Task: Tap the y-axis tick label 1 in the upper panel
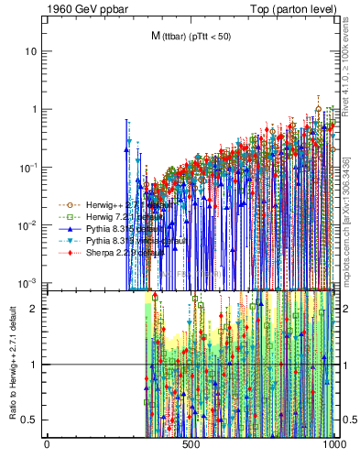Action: pyautogui.click(x=35, y=109)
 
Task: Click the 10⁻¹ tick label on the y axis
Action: pyautogui.click(x=29, y=167)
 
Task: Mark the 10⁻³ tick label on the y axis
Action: pyautogui.click(x=29, y=282)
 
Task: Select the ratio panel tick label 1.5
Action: pyautogui.click(x=31, y=336)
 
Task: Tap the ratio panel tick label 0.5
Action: pyautogui.click(x=31, y=420)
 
